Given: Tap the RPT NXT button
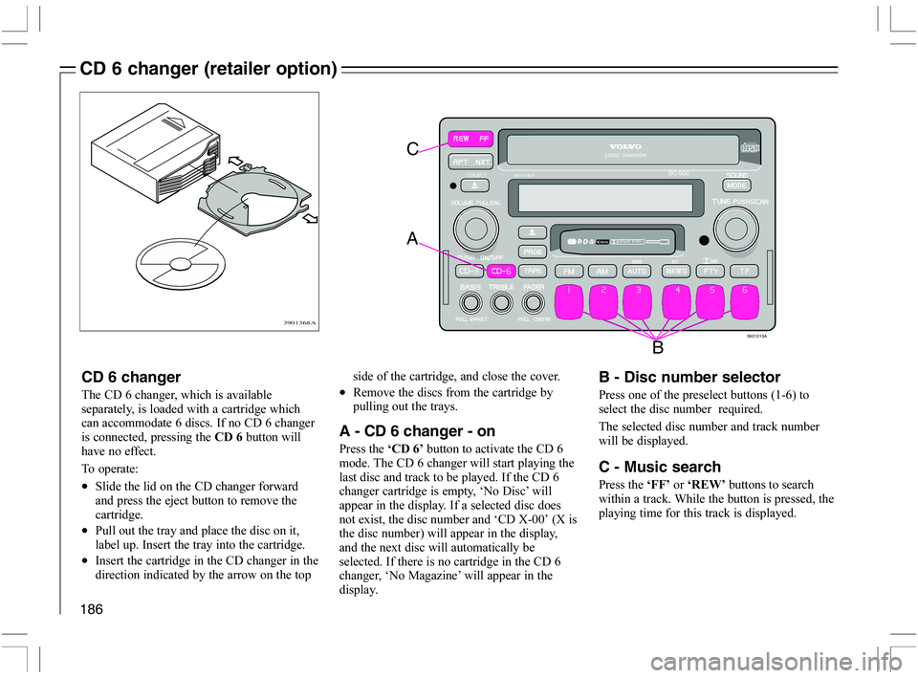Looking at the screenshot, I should click(471, 162).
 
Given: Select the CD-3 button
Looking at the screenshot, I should click(470, 271).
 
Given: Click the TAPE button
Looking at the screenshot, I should click(532, 271).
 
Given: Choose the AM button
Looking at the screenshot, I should click(601, 271).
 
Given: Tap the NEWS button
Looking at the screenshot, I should click(675, 271).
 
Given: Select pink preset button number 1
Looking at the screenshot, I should click(570, 298).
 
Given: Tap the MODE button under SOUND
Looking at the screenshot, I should click(737, 185).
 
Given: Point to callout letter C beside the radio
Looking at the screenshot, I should click(412, 149).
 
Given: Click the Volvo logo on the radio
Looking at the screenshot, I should click(625, 147).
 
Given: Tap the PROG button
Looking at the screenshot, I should click(532, 251).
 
